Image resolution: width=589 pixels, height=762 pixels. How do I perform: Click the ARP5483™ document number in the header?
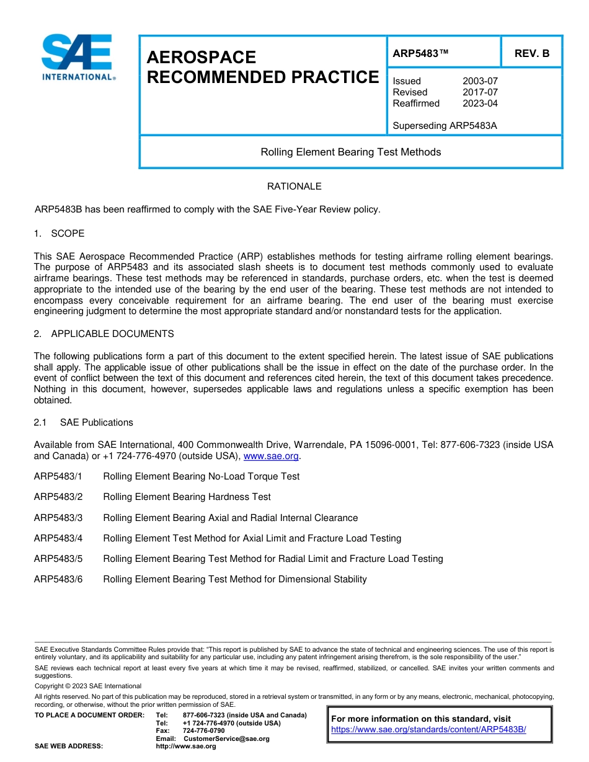[420, 54]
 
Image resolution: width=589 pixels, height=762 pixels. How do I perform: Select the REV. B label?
[531, 54]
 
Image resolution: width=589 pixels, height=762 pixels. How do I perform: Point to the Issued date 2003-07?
[480, 81]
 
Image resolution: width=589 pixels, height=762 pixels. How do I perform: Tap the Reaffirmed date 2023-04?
[480, 103]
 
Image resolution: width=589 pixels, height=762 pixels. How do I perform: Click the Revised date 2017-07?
[480, 92]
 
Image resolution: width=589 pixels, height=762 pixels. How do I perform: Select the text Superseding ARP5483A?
[445, 126]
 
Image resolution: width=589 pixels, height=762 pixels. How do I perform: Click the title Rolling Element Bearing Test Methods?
[350, 152]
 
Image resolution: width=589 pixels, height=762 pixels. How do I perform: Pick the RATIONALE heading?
[294, 186]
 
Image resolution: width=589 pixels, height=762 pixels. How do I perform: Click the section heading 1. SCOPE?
[59, 234]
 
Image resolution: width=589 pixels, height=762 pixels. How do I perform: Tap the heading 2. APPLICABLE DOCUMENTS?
[104, 334]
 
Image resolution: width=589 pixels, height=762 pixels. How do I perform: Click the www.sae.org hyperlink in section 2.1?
[271, 457]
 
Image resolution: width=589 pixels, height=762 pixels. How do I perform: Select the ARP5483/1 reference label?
[58, 476]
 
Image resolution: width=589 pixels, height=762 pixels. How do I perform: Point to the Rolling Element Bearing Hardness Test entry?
[187, 497]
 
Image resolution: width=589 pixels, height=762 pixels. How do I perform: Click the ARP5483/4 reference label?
[58, 538]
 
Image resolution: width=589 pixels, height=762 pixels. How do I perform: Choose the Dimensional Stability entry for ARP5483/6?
[234, 579]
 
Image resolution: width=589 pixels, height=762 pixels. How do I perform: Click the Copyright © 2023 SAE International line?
[87, 686]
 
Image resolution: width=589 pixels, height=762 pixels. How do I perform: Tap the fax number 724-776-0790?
[203, 731]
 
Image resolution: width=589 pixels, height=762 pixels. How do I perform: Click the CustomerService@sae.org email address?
[226, 738]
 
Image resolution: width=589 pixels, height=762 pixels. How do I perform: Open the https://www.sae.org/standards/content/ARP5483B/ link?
[428, 729]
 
